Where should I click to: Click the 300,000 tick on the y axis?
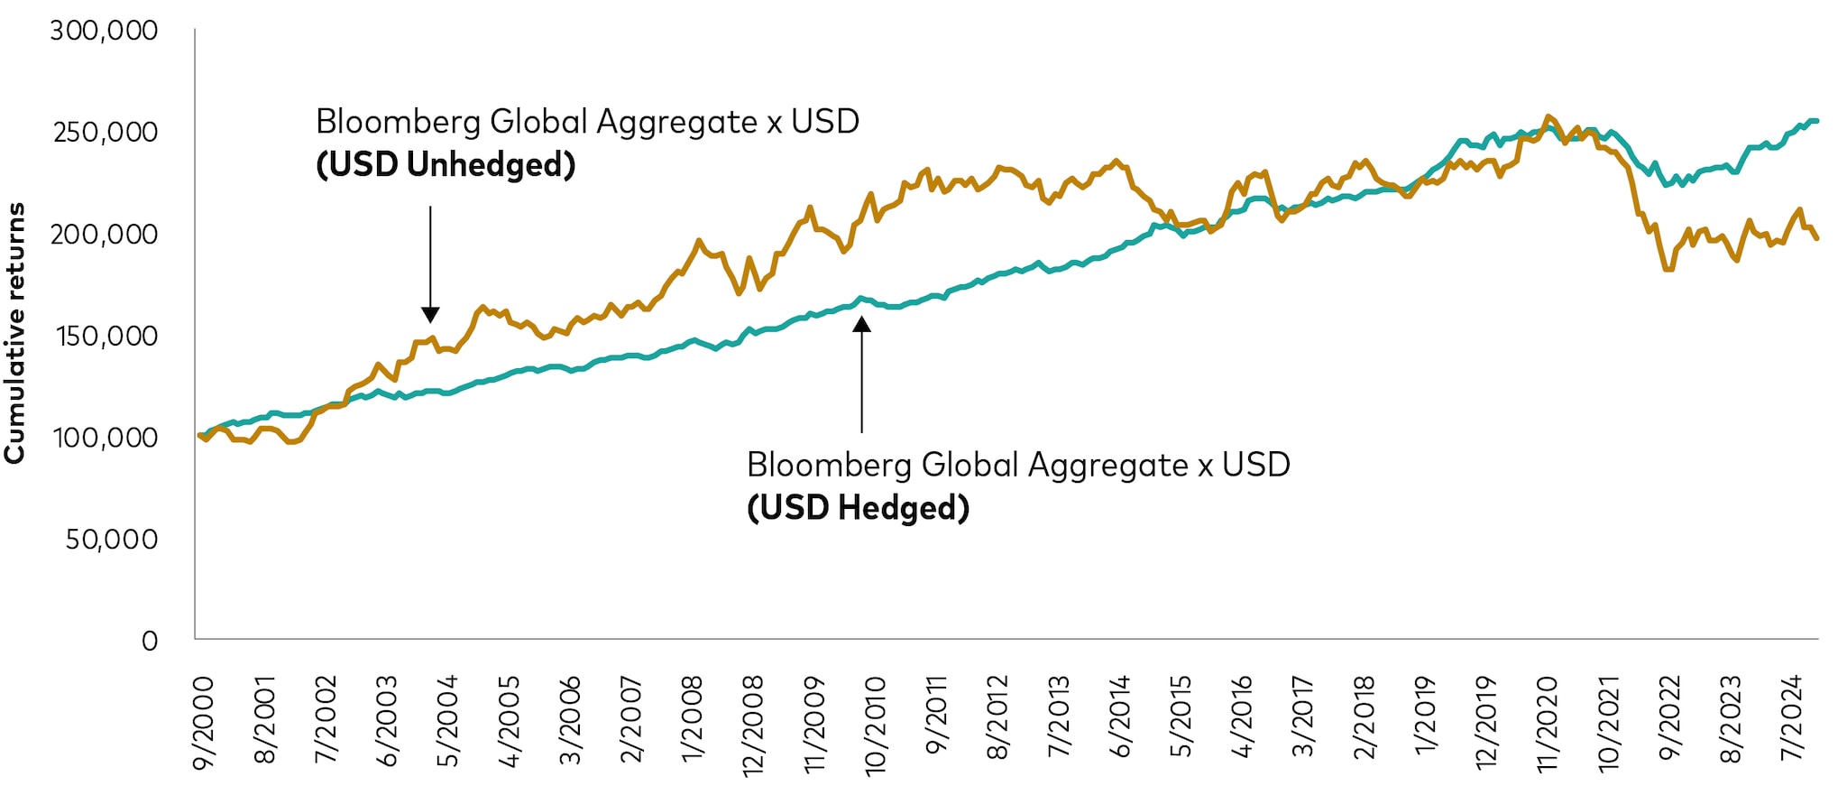point(104,31)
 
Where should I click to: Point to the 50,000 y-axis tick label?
point(112,540)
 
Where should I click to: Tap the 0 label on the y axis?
point(150,642)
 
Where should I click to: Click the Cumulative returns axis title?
point(14,333)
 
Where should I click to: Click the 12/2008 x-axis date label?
point(753,726)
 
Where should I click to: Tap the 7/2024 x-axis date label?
point(1791,718)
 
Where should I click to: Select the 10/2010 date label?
point(875,726)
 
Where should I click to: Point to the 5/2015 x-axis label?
point(1181,718)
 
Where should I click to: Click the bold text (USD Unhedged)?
point(446,165)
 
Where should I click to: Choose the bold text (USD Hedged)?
point(858,508)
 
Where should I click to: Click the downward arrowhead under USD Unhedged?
point(430,315)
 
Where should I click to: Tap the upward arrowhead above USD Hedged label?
point(862,324)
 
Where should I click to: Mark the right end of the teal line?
point(1816,121)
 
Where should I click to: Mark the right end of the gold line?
point(1816,238)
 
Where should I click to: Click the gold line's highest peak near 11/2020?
point(1548,116)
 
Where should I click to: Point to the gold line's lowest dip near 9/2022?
point(1668,269)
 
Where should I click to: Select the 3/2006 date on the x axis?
point(570,721)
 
